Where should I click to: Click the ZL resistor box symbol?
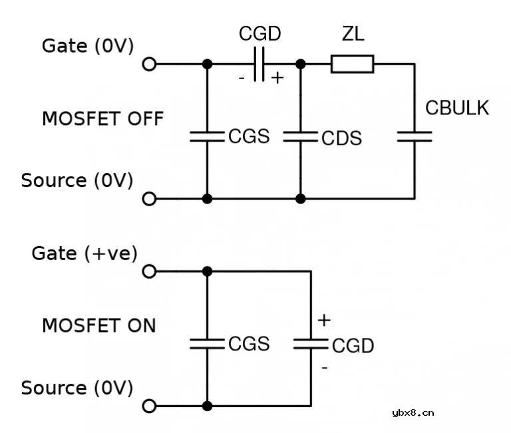[x=352, y=64]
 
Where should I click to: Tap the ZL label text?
[x=353, y=34]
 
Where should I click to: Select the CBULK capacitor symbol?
[x=414, y=136]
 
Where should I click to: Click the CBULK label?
[x=457, y=108]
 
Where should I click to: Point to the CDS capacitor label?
[x=341, y=138]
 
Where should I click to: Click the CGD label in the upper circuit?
[x=259, y=34]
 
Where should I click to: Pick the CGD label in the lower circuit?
[x=353, y=346]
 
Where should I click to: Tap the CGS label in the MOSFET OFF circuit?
[x=249, y=136]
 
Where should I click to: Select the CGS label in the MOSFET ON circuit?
[x=249, y=344]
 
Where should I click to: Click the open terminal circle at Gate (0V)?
[x=150, y=64]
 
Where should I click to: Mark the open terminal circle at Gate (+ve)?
[x=150, y=271]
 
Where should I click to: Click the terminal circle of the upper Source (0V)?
[x=150, y=198]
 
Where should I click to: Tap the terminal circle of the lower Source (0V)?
[x=150, y=406]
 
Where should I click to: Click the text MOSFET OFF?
[x=102, y=119]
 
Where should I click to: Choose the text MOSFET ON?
[x=98, y=326]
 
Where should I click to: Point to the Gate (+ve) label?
[x=84, y=253]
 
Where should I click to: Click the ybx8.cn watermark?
[x=413, y=412]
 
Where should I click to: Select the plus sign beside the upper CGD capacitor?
[x=277, y=78]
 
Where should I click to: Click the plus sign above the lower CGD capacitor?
[x=324, y=320]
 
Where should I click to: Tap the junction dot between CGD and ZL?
[x=300, y=64]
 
